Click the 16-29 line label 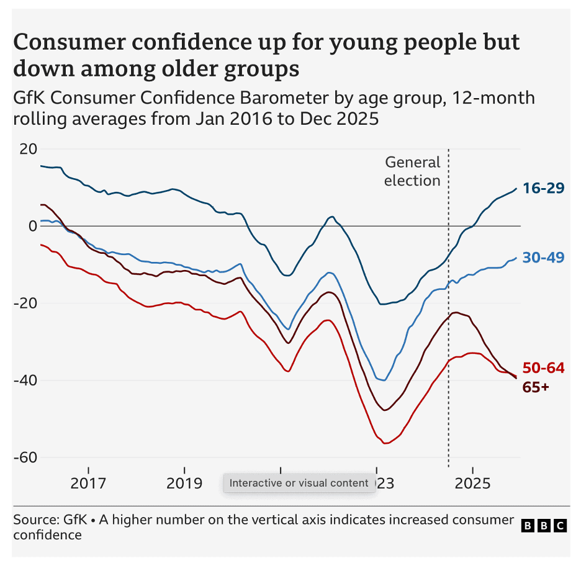(543, 188)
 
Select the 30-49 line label (543, 257)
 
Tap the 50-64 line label (543, 367)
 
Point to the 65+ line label (536, 387)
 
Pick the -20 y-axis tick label (25, 303)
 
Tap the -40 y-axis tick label (25, 380)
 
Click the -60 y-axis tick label (25, 457)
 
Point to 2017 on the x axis (89, 483)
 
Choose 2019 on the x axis (184, 483)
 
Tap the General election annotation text (412, 171)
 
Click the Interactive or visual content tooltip (299, 483)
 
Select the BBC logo (544, 526)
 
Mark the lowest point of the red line (385, 443)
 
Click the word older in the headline (198, 68)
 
